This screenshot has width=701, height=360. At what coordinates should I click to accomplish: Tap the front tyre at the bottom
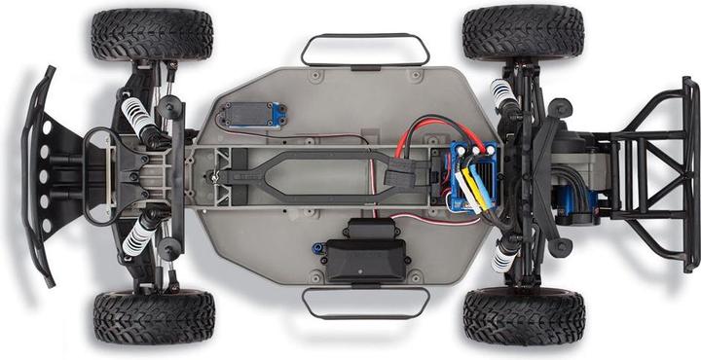[x=154, y=317]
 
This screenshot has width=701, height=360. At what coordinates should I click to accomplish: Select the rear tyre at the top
[x=523, y=32]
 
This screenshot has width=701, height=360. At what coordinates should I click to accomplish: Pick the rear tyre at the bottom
[x=524, y=316]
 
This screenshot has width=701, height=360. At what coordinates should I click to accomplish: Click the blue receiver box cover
[x=251, y=115]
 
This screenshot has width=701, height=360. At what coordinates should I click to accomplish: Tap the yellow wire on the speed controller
[x=470, y=190]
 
